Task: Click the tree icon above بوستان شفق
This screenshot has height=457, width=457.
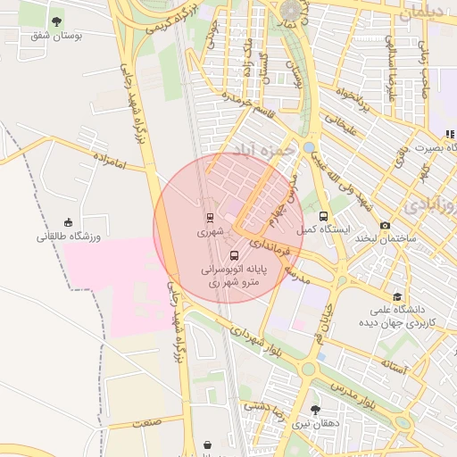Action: [57, 21]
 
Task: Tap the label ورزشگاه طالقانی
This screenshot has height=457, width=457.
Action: [69, 237]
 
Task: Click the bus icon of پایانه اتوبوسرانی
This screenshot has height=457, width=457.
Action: [235, 255]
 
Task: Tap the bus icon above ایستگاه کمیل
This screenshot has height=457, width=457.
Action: [323, 215]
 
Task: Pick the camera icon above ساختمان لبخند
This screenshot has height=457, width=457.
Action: [385, 226]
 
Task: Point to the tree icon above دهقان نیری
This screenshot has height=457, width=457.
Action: [314, 410]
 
